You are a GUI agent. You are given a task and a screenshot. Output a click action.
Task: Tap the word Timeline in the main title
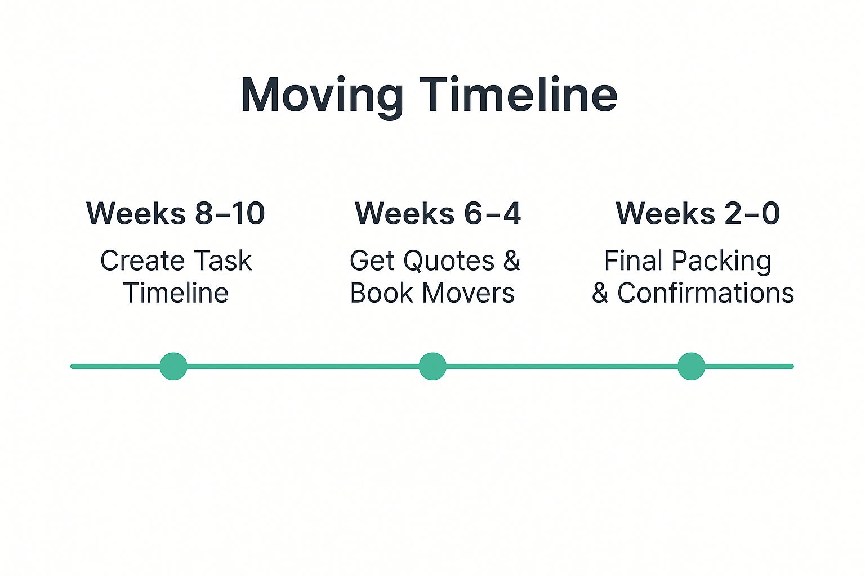tap(518, 94)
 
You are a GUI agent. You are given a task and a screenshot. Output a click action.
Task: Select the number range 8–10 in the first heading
tap(230, 213)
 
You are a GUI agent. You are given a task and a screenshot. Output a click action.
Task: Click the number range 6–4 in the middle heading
tap(492, 213)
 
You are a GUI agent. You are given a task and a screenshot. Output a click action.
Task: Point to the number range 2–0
tap(752, 213)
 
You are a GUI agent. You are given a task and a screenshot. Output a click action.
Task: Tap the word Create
tap(142, 260)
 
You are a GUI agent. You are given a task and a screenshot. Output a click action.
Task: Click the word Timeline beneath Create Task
tap(176, 293)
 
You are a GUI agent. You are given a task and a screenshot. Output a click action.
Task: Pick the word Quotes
tap(449, 260)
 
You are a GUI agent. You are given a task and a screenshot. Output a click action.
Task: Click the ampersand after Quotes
tap(512, 260)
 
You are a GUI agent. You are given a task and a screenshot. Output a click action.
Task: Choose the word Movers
tap(469, 293)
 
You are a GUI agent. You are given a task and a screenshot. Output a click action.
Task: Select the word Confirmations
tap(706, 293)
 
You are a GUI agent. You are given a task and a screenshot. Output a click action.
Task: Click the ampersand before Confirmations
tap(600, 293)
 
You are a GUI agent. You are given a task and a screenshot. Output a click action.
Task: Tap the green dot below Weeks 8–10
tap(173, 366)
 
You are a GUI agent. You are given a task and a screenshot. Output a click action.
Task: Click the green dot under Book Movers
tap(432, 366)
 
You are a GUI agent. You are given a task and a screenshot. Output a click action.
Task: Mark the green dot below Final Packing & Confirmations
tap(691, 366)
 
